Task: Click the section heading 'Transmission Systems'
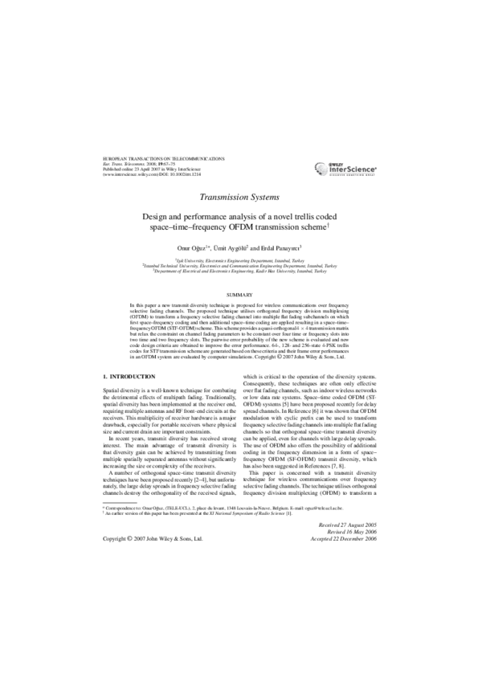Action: point(241,196)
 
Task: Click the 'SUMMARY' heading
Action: point(241,296)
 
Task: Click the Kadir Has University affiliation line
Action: point(241,272)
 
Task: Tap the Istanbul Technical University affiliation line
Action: point(241,266)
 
